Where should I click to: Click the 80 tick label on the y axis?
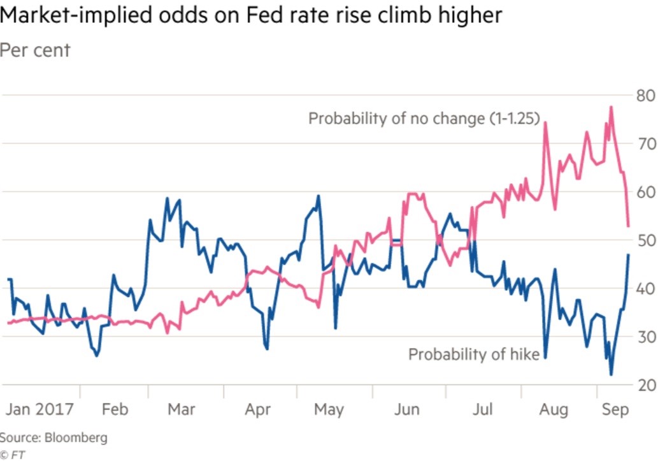(642, 96)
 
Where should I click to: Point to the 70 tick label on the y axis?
(642, 143)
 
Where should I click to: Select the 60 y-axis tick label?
(642, 192)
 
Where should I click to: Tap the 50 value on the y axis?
(642, 240)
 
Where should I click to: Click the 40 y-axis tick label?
(642, 288)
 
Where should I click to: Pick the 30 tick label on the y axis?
(642, 337)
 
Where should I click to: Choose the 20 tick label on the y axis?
(642, 385)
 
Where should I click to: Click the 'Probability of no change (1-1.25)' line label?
(424, 119)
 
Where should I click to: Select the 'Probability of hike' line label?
(474, 355)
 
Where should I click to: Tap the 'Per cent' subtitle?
(35, 50)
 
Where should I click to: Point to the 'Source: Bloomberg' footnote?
(54, 438)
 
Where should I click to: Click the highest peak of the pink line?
(611, 107)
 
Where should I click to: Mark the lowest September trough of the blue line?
(611, 375)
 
